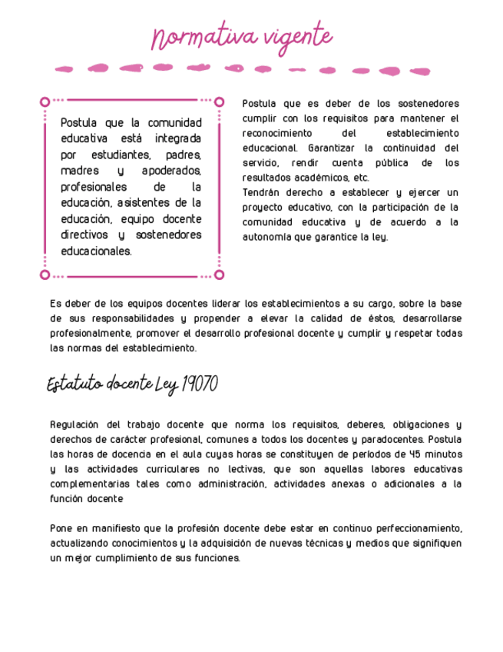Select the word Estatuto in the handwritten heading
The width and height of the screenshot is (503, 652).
(x=74, y=384)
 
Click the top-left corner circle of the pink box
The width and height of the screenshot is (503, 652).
(x=45, y=101)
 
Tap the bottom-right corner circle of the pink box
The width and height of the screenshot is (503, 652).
(x=219, y=274)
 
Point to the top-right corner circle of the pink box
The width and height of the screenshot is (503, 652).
(x=219, y=101)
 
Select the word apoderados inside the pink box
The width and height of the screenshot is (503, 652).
(x=171, y=171)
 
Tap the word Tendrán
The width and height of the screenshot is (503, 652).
(x=266, y=192)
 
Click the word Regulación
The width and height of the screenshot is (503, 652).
(x=74, y=424)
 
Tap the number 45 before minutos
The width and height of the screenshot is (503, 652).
(x=413, y=454)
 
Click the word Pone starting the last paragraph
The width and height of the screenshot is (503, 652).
(x=61, y=528)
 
